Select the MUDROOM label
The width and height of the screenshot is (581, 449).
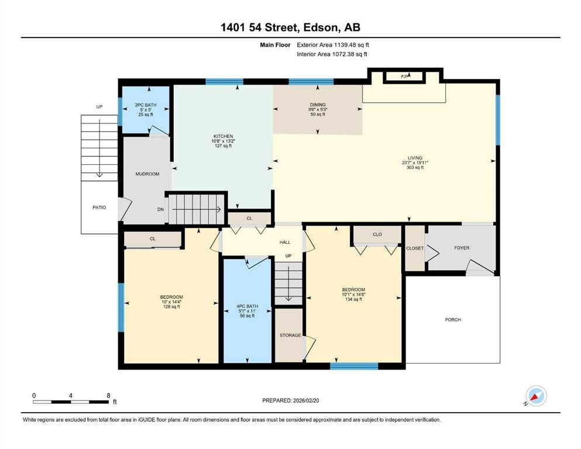[x=147, y=174]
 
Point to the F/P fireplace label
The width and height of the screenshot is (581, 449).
[x=404, y=77]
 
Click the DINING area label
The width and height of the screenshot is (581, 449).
[x=318, y=105]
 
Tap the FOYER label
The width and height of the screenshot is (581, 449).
[x=462, y=248]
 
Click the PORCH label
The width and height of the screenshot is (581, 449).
[x=453, y=320]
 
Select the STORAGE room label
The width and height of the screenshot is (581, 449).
[x=290, y=336]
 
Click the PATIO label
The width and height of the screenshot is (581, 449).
[x=99, y=207]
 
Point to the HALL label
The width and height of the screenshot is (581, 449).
[x=285, y=242]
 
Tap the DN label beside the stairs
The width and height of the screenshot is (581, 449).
[x=160, y=209]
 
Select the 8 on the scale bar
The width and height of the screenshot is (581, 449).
[x=109, y=396]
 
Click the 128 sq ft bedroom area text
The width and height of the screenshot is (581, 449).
[x=171, y=306]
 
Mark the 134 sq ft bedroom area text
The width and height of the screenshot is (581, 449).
[x=353, y=300]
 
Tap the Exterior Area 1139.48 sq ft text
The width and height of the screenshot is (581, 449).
[x=333, y=44]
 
